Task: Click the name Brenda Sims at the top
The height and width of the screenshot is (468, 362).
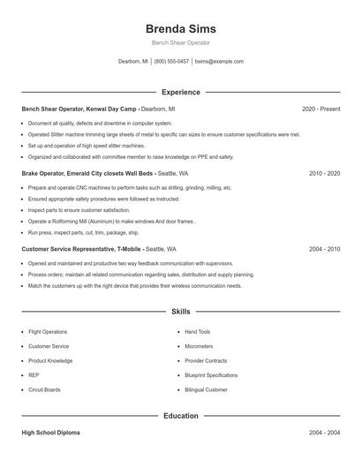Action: pyautogui.click(x=180, y=28)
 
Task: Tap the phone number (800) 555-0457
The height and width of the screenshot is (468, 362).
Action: pyautogui.click(x=171, y=62)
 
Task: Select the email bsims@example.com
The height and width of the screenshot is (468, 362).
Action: pyautogui.click(x=219, y=62)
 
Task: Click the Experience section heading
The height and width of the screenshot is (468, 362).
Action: pyautogui.click(x=180, y=92)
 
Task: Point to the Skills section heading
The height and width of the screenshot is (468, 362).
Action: pyautogui.click(x=180, y=312)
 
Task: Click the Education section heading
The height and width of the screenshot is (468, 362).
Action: pyautogui.click(x=180, y=415)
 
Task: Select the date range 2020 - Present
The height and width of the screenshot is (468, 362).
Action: pyautogui.click(x=321, y=109)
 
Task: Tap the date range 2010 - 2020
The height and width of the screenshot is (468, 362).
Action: pyautogui.click(x=324, y=174)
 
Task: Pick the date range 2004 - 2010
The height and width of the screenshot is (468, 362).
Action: pyautogui.click(x=324, y=249)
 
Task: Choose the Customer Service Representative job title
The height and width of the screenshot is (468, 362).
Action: pyautogui.click(x=73, y=249)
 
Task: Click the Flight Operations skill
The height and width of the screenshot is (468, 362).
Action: pyautogui.click(x=48, y=332)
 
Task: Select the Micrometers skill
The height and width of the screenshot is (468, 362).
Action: pyautogui.click(x=199, y=346)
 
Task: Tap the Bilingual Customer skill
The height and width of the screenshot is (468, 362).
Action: pyautogui.click(x=208, y=389)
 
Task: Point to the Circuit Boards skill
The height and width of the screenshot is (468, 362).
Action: pyautogui.click(x=45, y=389)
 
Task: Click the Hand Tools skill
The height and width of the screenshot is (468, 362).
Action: pyautogui.click(x=198, y=332)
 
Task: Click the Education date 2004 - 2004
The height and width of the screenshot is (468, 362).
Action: pyautogui.click(x=324, y=433)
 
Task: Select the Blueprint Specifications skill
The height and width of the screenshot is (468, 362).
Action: pyautogui.click(x=211, y=375)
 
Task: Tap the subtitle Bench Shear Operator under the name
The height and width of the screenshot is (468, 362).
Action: pyautogui.click(x=180, y=43)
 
